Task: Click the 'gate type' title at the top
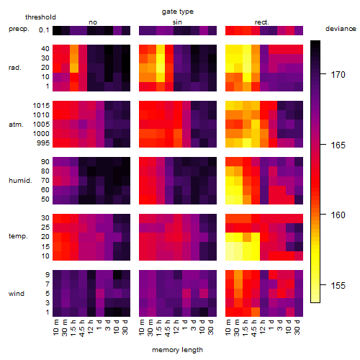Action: (x=178, y=12)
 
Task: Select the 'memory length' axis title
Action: (x=178, y=350)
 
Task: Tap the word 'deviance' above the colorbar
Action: (x=341, y=29)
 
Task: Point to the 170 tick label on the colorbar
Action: (x=338, y=75)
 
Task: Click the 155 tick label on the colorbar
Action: (x=338, y=285)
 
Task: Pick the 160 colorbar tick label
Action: (x=338, y=215)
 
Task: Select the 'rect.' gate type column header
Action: (x=261, y=22)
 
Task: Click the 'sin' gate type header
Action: (x=177, y=22)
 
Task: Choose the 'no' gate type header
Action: (x=93, y=22)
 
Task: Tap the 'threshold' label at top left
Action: (x=40, y=17)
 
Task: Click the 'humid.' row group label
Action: (x=20, y=181)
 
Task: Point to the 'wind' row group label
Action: (x=17, y=294)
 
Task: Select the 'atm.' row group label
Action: (x=16, y=125)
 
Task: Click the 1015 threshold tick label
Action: (x=41, y=106)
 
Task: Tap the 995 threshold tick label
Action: (x=43, y=143)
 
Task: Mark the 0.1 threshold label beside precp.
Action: (x=44, y=30)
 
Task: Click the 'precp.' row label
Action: (x=19, y=29)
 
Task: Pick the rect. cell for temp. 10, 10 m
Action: (x=230, y=256)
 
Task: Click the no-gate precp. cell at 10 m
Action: (x=57, y=30)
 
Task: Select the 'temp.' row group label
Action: (x=18, y=236)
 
